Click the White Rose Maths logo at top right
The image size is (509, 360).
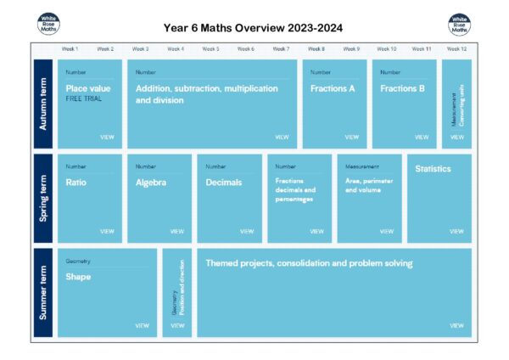click(x=459, y=25)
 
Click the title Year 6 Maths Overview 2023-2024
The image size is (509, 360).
click(x=253, y=27)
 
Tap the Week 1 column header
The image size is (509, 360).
click(x=70, y=49)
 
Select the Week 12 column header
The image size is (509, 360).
click(x=456, y=49)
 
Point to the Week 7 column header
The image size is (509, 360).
click(x=281, y=49)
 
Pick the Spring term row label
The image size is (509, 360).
click(x=42, y=199)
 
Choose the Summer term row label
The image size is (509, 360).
click(x=42, y=293)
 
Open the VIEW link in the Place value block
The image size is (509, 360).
click(x=107, y=137)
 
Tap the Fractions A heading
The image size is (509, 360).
click(x=333, y=88)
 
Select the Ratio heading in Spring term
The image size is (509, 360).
click(x=76, y=182)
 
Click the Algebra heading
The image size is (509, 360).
click(x=151, y=182)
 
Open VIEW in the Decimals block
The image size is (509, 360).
click(x=247, y=231)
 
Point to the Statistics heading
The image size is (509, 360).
click(x=433, y=169)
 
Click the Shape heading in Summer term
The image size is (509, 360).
click(x=78, y=277)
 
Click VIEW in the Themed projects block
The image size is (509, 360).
click(x=456, y=325)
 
